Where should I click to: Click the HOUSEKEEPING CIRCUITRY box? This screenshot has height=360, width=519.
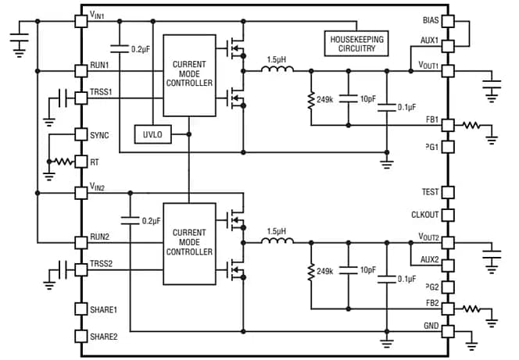[358, 43]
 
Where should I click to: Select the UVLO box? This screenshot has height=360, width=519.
[152, 135]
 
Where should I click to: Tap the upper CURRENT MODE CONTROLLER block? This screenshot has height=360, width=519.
[189, 76]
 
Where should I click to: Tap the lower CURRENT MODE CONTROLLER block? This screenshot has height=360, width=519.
[189, 244]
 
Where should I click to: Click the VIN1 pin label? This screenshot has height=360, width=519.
[102, 16]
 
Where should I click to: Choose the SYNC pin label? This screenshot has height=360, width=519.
[100, 135]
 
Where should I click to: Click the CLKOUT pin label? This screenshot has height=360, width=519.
[425, 215]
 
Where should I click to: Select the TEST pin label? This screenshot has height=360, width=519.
[430, 192]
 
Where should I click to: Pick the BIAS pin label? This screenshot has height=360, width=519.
[430, 20]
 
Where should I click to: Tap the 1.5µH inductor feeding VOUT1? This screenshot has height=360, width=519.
[276, 70]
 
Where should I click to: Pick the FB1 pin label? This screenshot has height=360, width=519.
[431, 121]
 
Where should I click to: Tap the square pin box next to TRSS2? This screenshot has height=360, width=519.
[80, 269]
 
